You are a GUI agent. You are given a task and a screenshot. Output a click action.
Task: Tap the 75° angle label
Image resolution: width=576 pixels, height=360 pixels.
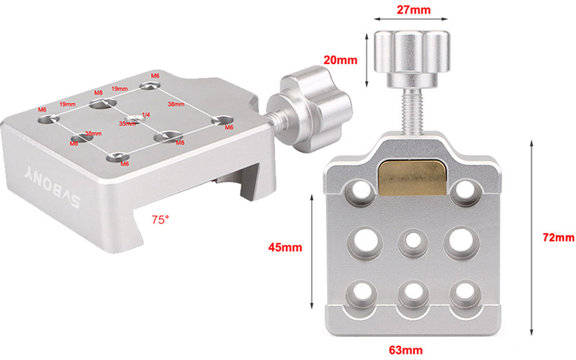(x=160, y=217)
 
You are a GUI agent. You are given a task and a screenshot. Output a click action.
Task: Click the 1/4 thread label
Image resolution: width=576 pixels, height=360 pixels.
(x=146, y=115)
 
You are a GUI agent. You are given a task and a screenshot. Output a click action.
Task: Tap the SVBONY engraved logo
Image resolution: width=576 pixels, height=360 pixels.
(x=47, y=183)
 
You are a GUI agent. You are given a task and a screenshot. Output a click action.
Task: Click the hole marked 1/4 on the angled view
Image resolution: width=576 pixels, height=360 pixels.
(x=134, y=118)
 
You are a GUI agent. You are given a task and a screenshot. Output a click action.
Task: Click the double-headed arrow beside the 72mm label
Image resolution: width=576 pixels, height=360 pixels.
(x=530, y=237)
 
